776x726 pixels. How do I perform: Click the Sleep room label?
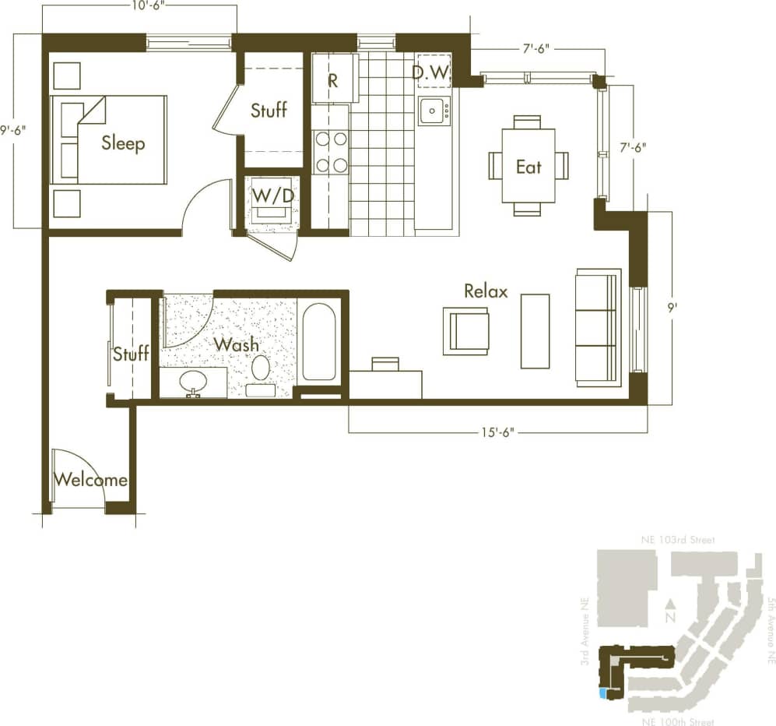[x=123, y=143]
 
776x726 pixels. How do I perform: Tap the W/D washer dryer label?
[x=272, y=196]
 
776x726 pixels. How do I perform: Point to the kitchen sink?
[x=433, y=112]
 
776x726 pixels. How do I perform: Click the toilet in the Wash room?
[x=261, y=371]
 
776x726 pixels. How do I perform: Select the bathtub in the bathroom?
[x=319, y=342]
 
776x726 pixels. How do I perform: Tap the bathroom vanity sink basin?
[x=193, y=382]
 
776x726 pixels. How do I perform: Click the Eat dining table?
[x=528, y=165]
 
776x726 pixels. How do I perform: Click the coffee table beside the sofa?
[x=535, y=331]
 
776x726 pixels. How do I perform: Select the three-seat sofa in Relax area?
[x=598, y=327]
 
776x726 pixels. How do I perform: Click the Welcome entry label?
[x=90, y=480]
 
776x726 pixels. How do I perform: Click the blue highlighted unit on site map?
[x=602, y=693]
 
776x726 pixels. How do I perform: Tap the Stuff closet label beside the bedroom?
[x=269, y=110]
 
